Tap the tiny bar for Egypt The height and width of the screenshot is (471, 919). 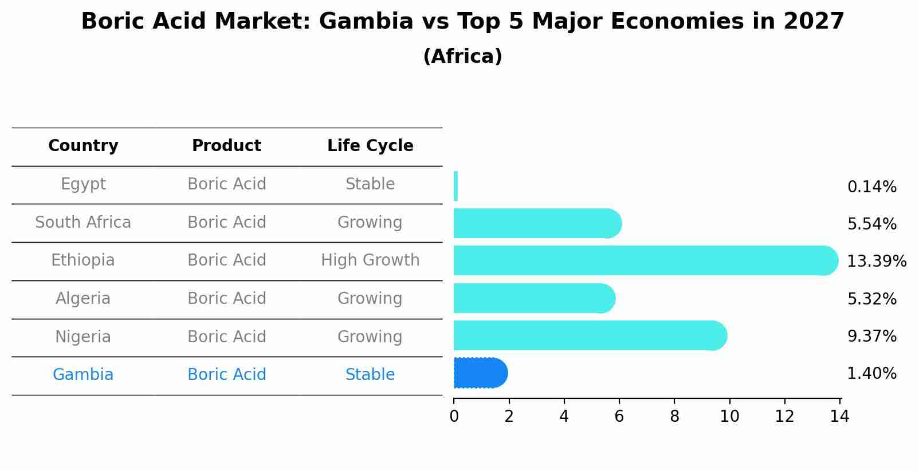click(x=455, y=186)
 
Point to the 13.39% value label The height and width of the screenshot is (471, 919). click(x=876, y=262)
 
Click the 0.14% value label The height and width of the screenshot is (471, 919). click(x=871, y=187)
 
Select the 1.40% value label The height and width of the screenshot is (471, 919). click(x=871, y=374)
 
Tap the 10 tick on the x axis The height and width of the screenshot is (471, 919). click(x=729, y=417)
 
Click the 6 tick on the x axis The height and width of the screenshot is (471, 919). click(x=619, y=417)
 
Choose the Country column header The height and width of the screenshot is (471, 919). click(x=83, y=146)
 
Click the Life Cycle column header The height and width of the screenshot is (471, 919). click(x=370, y=146)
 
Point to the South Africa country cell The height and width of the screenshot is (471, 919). click(x=83, y=222)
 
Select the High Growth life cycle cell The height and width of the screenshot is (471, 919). click(x=370, y=260)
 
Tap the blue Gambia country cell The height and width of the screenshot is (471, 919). click(x=83, y=375)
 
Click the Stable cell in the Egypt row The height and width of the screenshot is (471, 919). click(x=370, y=184)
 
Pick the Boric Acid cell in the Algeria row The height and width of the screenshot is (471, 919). click(x=226, y=299)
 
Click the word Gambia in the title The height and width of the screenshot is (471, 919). click(x=366, y=22)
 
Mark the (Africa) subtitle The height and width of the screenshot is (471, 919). click(x=462, y=57)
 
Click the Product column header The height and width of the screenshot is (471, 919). click(x=226, y=146)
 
